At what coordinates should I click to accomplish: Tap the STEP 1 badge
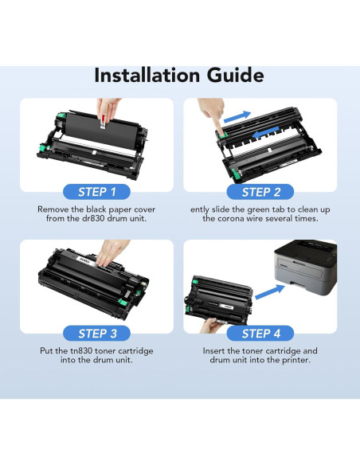96,191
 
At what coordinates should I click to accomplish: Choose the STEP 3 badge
96,333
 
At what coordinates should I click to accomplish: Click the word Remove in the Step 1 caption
56,209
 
